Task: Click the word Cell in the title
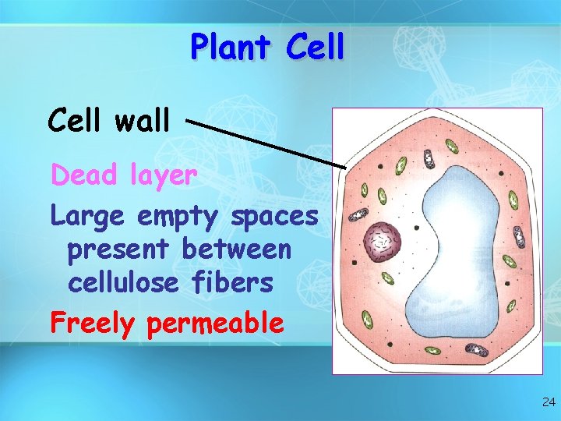(314, 48)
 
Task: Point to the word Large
(88, 217)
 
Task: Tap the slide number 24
(548, 402)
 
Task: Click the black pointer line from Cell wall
(265, 143)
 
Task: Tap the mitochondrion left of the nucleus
(358, 214)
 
